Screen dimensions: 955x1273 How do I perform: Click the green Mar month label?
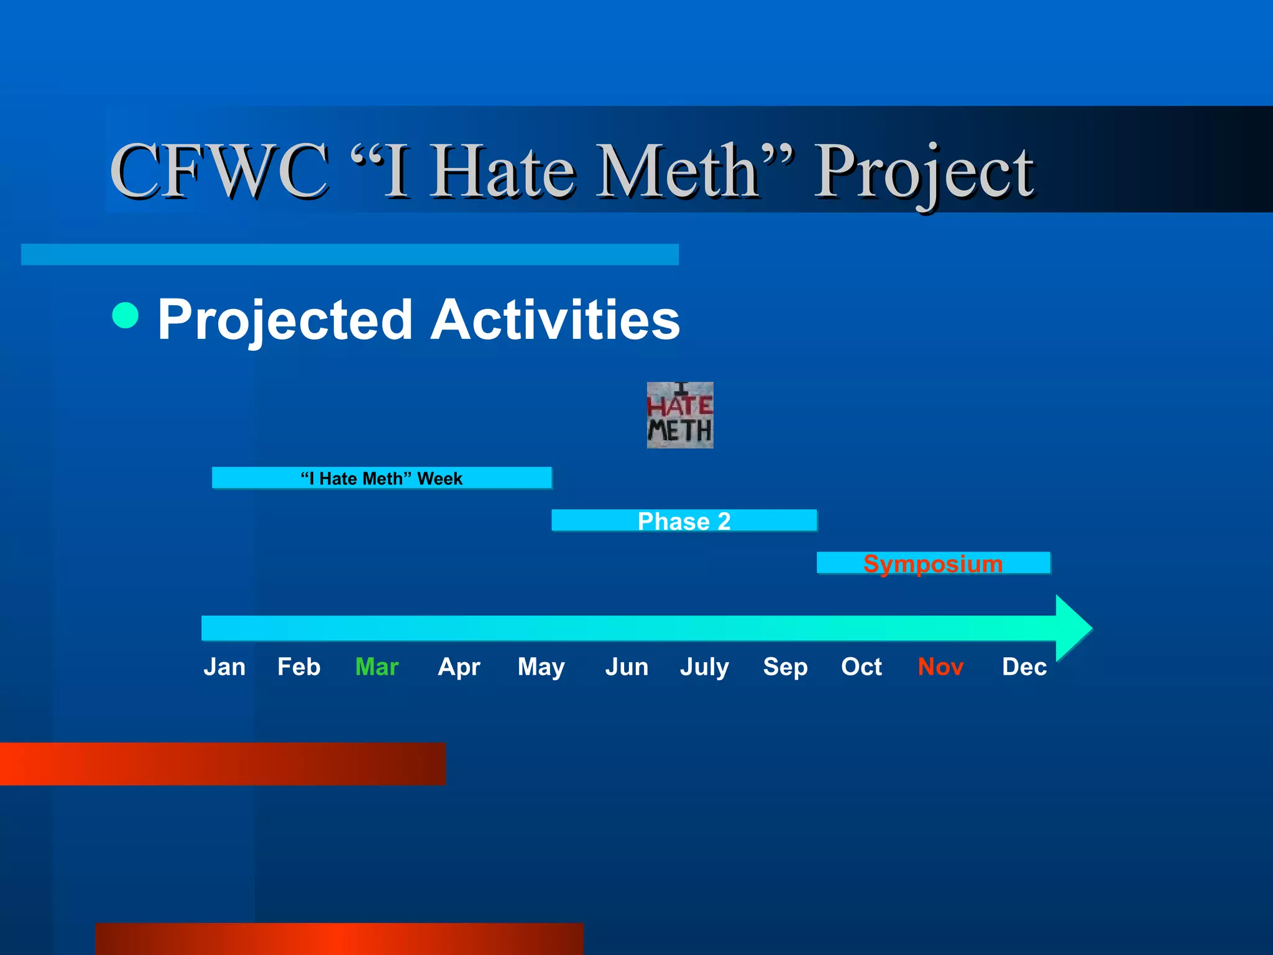pos(377,667)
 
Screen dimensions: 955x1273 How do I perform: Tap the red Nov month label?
pos(940,667)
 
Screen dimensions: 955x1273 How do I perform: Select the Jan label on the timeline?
pos(224,667)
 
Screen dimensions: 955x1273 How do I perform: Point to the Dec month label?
pos(1024,667)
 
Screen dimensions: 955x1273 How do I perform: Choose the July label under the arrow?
pos(704,667)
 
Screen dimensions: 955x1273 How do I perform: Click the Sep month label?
pos(785,667)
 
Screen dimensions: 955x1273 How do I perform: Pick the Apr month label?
pos(459,667)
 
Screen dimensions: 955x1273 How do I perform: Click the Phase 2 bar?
pos(684,521)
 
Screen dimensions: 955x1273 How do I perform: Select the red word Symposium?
pos(932,563)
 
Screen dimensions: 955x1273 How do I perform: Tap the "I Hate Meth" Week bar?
pos(382,478)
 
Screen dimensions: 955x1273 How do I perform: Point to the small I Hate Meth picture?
pos(680,415)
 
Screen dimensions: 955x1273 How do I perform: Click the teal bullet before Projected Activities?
pos(126,315)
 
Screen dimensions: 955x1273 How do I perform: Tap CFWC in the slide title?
pos(219,171)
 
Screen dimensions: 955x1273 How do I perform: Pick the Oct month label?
pos(861,667)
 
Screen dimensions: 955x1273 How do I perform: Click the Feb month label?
pos(298,667)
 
